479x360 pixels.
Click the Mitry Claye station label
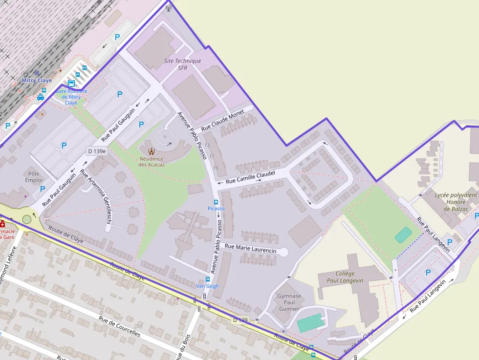point(37,80)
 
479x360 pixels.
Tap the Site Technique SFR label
point(182,64)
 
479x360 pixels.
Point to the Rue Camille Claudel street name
point(251,177)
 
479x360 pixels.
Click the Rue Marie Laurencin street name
point(250,248)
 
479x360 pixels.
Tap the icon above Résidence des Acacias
point(151,150)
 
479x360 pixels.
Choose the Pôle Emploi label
point(34,177)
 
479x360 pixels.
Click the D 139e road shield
point(96,151)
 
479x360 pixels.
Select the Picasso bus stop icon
point(216,202)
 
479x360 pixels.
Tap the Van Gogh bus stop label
point(207,286)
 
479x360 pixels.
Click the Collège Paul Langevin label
point(345,277)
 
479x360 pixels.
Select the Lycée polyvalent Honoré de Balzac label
point(456,202)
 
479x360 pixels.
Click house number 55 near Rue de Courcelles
point(140,326)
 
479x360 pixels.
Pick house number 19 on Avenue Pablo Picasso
point(216,168)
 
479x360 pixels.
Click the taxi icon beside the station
point(41,97)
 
